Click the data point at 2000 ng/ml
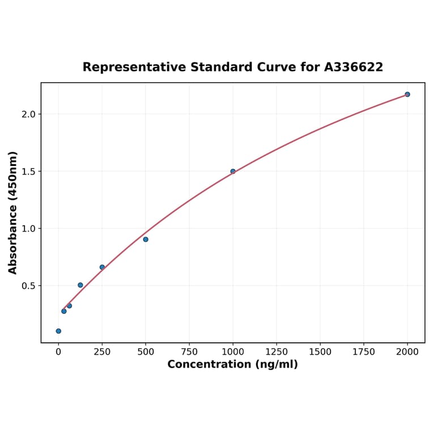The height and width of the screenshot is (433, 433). pos(407,94)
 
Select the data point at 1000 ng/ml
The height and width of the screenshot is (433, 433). pos(233,171)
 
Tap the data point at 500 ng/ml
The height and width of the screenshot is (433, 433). pos(146,239)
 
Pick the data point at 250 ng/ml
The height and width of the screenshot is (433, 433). pos(102,267)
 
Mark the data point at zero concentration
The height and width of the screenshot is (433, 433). pos(58,331)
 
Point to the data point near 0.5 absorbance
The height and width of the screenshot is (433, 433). pos(80,285)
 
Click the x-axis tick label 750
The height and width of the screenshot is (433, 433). pos(189,352)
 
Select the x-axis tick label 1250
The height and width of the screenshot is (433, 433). pos(277,352)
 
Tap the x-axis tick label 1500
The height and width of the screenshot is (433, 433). pos(320,352)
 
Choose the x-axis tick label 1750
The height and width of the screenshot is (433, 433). pos(364,352)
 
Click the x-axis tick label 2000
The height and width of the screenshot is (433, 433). pos(407,352)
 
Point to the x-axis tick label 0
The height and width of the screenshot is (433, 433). pos(58,352)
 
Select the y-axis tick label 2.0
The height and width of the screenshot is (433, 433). pos(28,114)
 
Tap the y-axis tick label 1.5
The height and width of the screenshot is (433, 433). pos(28,171)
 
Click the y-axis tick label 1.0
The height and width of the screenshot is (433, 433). pos(28,228)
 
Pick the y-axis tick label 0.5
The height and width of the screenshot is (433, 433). pos(28,286)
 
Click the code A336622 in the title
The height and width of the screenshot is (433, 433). pos(354,67)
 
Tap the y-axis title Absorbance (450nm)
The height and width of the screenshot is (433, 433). pos(12,213)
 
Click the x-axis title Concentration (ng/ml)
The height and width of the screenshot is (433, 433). pos(232,364)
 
